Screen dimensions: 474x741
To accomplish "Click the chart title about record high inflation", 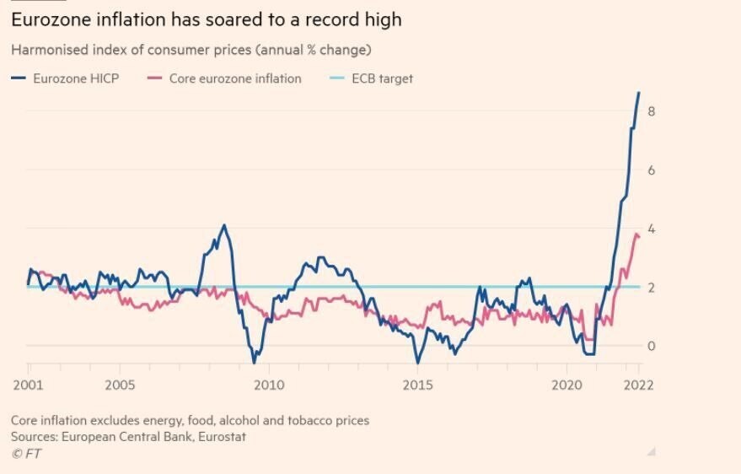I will [207, 19].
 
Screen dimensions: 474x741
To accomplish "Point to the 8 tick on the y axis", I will [652, 111].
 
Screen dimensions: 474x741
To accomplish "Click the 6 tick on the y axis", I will [652, 170].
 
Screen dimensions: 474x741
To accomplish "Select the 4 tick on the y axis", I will [652, 229].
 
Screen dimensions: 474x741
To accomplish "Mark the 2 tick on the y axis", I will [652, 288].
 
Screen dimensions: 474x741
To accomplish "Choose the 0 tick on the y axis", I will [652, 346].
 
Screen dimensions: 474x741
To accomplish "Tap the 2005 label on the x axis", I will [120, 385].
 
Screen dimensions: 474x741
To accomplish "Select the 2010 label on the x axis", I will [269, 385].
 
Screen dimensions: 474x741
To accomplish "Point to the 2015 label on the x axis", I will [418, 385].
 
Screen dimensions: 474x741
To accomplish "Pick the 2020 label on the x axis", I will [566, 385].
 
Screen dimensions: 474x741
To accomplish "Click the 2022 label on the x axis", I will [639, 385].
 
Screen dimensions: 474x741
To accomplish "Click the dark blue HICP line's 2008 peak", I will [223, 225].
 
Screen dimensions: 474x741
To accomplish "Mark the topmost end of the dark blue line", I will [639, 92].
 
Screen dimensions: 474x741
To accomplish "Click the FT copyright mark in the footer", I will [26, 454].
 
